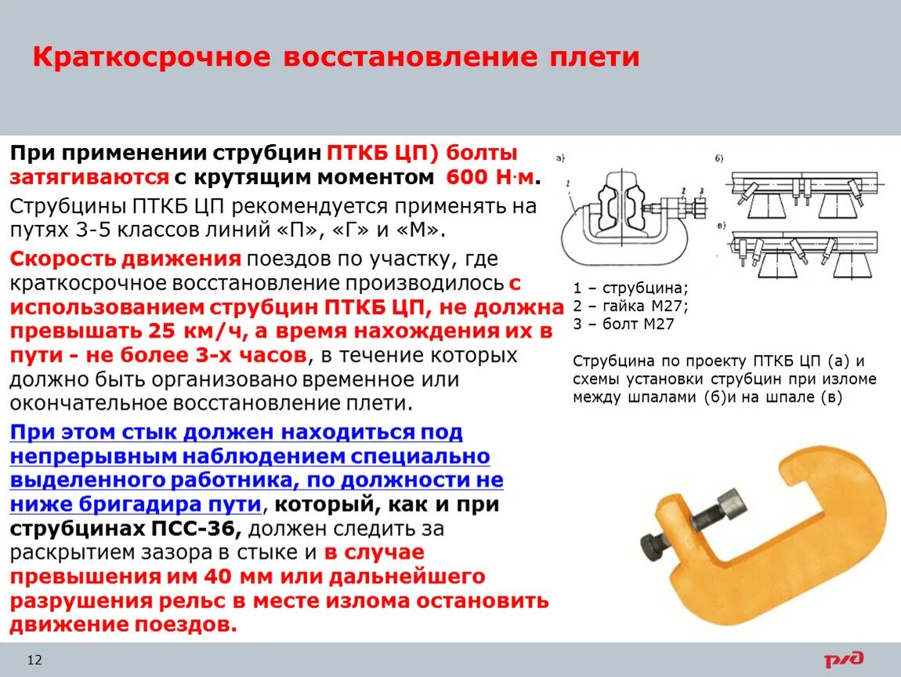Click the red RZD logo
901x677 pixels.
pos(844,659)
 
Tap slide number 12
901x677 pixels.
pos(34,660)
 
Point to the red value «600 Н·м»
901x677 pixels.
pos(490,177)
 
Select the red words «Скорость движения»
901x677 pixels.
pos(125,259)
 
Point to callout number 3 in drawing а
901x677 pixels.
pos(693,190)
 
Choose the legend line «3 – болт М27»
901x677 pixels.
pos(624,324)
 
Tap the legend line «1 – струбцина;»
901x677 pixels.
pos(631,287)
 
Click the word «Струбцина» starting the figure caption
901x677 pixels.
pos(612,361)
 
